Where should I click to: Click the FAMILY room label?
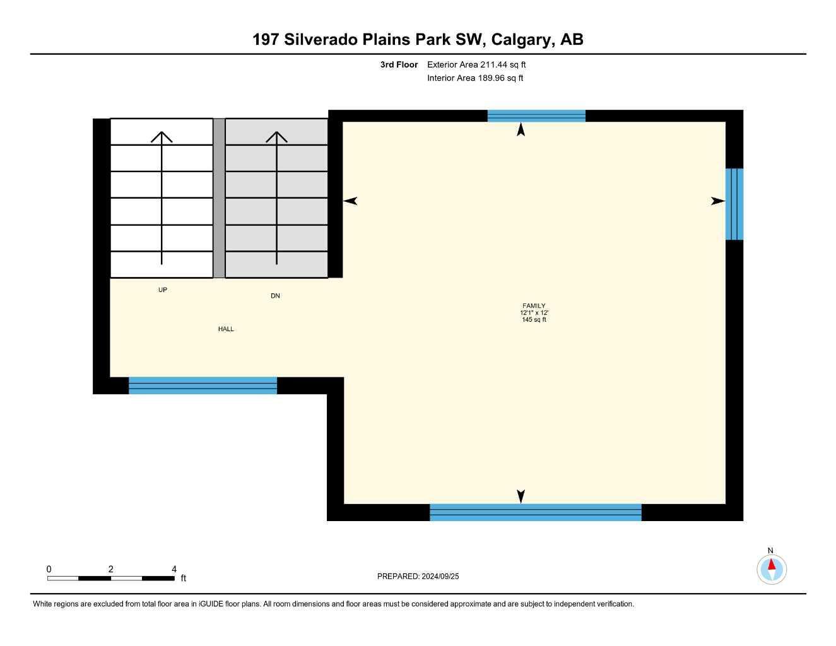click(534, 306)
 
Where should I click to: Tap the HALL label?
click(226, 329)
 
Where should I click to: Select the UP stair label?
click(163, 290)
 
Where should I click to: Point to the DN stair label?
click(275, 296)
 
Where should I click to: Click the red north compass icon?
click(772, 569)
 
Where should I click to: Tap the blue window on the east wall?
click(734, 204)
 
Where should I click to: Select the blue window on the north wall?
click(536, 115)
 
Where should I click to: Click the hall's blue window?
click(203, 385)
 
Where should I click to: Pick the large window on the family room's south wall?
click(536, 512)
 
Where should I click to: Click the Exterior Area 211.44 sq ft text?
click(476, 64)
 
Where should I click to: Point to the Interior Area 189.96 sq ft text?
click(475, 78)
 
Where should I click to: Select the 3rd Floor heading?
click(399, 64)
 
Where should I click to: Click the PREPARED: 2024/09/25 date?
click(418, 576)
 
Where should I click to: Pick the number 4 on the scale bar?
click(174, 568)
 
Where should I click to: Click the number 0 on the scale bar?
click(49, 568)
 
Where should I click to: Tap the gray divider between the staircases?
click(219, 198)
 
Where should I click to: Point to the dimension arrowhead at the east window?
click(718, 201)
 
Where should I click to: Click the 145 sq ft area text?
click(534, 320)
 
